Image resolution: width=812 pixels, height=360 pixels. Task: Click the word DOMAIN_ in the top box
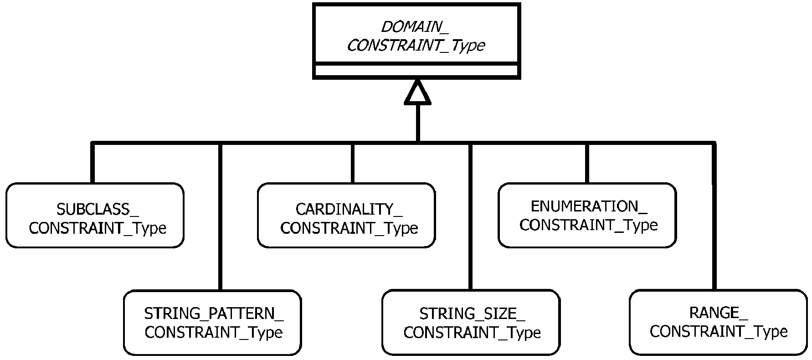(415, 27)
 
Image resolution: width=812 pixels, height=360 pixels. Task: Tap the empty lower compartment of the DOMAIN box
(416, 71)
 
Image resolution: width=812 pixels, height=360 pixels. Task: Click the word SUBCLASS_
(98, 209)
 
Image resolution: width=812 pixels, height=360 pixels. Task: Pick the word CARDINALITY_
(349, 209)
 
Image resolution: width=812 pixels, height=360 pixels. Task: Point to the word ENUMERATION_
(589, 206)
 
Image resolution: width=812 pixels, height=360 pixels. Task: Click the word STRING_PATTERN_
(214, 314)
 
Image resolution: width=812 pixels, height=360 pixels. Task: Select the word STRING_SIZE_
(472, 314)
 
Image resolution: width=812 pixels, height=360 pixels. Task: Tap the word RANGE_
(719, 313)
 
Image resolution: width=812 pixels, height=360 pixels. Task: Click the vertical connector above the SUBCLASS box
(93, 163)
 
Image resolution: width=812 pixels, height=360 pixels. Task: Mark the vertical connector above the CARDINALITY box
(352, 163)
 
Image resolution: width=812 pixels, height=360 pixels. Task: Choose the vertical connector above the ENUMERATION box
(587, 163)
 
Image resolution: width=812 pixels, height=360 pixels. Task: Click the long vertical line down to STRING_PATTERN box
(220, 216)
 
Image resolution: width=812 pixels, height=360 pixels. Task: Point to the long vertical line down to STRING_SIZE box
(471, 216)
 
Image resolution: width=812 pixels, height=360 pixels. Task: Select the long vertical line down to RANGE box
(714, 216)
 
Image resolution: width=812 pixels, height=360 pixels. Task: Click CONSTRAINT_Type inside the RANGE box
(719, 331)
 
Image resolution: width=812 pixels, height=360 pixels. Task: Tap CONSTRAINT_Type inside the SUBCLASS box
(98, 228)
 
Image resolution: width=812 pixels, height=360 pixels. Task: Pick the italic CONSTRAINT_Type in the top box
(416, 46)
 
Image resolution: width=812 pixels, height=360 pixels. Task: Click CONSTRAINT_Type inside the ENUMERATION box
(589, 225)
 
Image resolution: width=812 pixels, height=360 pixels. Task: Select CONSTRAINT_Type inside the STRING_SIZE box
(472, 332)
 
